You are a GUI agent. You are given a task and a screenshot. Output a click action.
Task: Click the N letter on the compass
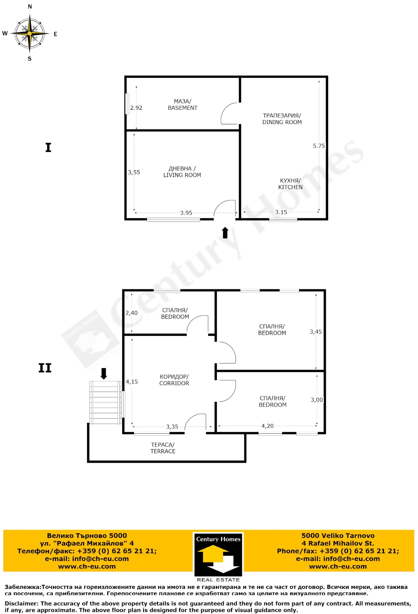(x=30, y=7)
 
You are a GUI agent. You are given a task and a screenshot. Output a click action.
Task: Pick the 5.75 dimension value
(x=319, y=146)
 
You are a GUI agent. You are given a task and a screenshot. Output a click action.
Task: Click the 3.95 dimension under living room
(x=186, y=213)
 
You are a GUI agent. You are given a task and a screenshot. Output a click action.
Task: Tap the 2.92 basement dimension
(x=136, y=108)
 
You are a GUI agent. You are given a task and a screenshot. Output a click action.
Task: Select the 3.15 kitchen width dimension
(x=281, y=212)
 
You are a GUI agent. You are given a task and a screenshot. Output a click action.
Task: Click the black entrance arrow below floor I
(x=225, y=233)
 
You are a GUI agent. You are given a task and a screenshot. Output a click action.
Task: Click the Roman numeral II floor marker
(x=45, y=368)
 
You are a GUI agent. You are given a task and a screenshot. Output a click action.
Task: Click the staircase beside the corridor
(x=106, y=402)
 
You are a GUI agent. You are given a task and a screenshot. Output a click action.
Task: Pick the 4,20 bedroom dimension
(x=268, y=426)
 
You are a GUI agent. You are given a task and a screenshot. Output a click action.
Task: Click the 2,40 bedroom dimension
(x=132, y=313)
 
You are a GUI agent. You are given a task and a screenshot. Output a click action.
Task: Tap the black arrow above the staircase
(x=104, y=374)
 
